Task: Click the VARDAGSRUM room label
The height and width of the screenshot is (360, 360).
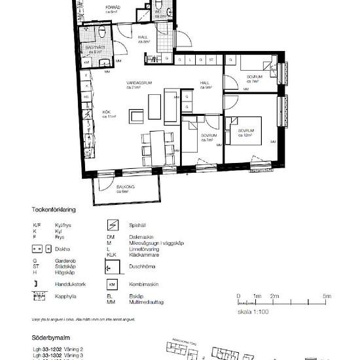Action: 139,83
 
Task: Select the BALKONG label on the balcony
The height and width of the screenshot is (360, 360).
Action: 126,187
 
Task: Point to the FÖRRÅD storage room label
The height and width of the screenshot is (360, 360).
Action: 113,7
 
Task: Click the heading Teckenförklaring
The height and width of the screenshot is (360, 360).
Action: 54,211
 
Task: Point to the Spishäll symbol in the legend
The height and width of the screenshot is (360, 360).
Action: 112,225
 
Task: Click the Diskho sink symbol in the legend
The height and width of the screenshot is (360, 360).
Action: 38,249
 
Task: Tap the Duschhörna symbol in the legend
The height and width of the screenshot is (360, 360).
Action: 112,266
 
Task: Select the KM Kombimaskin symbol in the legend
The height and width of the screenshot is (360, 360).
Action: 112,285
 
